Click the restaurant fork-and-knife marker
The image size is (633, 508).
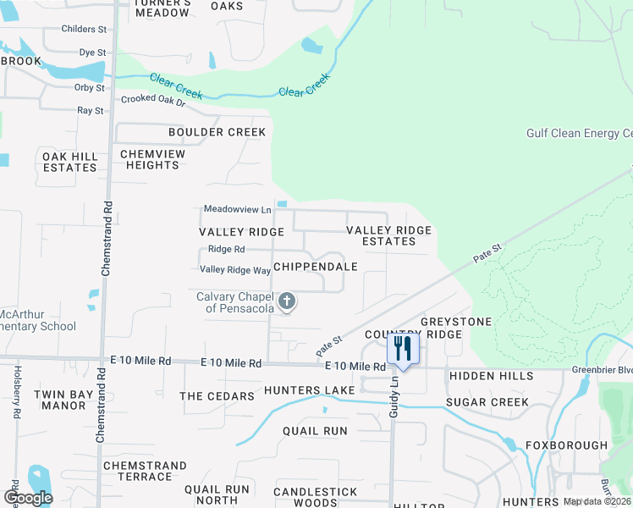pos(403,349)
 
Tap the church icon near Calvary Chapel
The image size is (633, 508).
pos(287,301)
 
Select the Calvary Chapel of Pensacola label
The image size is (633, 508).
pos(234,302)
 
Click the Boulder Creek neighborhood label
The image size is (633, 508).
pos(217,132)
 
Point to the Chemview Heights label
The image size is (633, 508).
pos(150,159)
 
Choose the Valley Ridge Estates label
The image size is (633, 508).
pos(389,235)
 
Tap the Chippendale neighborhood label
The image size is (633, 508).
pos(315,266)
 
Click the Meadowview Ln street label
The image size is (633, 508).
pos(237,209)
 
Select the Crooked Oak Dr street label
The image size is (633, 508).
pos(153,99)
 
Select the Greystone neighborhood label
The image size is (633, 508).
pos(455,322)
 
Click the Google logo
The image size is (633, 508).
pos(28,497)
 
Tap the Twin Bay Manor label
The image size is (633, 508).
pos(61,400)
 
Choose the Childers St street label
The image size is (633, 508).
pos(84,29)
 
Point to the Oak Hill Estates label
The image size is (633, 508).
pos(69,162)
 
